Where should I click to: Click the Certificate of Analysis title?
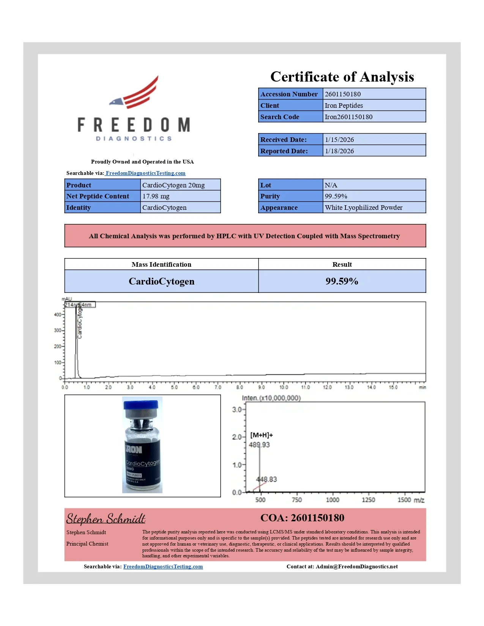click(x=342, y=77)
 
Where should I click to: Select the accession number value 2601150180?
click(x=343, y=94)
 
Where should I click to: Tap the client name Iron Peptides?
click(x=344, y=105)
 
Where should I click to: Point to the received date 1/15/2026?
click(x=339, y=140)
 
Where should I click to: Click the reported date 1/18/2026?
click(x=339, y=151)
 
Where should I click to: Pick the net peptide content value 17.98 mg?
click(x=156, y=196)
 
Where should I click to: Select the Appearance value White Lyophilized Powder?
click(x=363, y=208)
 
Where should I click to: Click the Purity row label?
click(x=270, y=196)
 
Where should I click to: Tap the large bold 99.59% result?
click(x=342, y=281)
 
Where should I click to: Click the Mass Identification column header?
click(x=161, y=264)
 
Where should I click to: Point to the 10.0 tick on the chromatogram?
click(x=284, y=387)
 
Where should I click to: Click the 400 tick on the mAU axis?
click(x=58, y=315)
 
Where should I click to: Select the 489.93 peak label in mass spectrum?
click(x=259, y=445)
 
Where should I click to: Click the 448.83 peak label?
click(x=266, y=479)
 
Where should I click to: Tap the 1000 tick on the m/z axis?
click(x=333, y=500)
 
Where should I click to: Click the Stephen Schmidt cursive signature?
click(x=106, y=518)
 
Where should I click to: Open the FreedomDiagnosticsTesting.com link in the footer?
click(x=163, y=566)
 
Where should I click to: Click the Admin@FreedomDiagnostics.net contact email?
click(x=356, y=566)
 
